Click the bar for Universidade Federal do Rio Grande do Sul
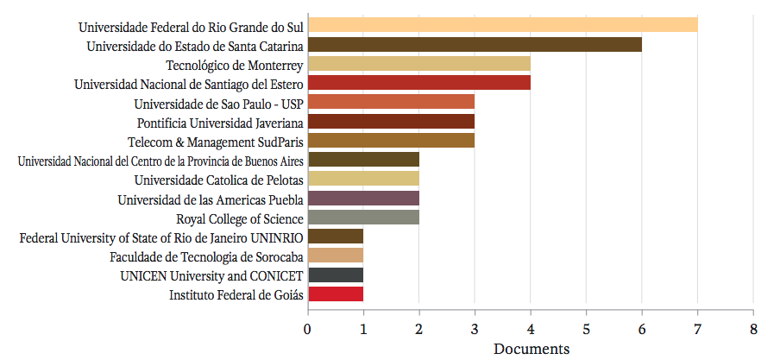tap(502, 25)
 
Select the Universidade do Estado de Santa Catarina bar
tap(475, 45)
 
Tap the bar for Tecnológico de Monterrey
tap(418, 64)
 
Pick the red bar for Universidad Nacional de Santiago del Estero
tap(418, 83)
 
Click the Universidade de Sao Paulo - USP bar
tap(391, 102)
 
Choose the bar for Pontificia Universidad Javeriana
tap(391, 122)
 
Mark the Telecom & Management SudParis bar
tap(391, 141)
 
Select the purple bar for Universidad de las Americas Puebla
tap(363, 199)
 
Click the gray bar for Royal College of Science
tap(363, 218)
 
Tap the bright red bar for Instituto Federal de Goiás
tap(336, 294)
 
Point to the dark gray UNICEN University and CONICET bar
tap(336, 275)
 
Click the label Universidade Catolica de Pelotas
tap(218, 180)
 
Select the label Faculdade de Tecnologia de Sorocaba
tap(206, 256)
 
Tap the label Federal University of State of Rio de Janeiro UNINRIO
tap(161, 237)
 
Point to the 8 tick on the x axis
tap(753, 328)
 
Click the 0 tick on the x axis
tap(308, 328)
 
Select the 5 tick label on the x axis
tap(586, 328)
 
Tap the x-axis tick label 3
tap(475, 328)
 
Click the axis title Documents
tap(531, 349)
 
